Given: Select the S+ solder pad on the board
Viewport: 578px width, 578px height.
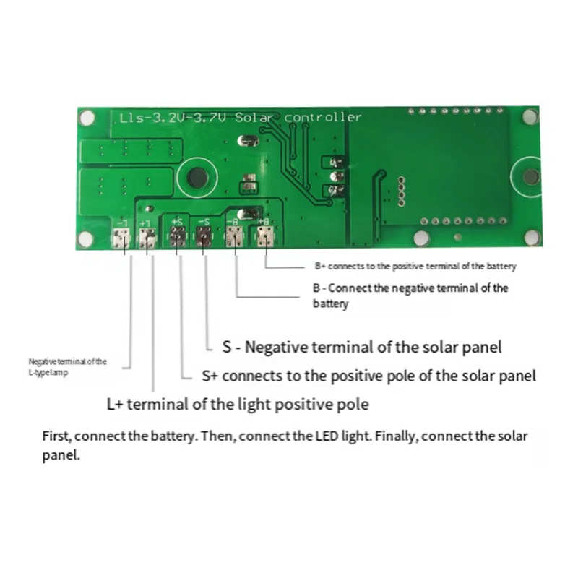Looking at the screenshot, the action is click(178, 236).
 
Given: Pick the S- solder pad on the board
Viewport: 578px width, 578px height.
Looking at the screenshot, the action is click(204, 236).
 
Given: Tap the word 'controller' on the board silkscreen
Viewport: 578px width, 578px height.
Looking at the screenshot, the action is click(322, 117).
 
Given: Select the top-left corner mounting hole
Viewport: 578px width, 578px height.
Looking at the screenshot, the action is click(87, 117).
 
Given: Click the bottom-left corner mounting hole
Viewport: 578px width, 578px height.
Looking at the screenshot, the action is click(86, 239).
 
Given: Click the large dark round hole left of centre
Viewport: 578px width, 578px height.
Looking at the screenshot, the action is click(196, 178).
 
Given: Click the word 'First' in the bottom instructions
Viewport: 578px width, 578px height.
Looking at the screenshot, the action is click(55, 436).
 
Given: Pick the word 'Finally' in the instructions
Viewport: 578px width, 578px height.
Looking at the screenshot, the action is click(397, 436).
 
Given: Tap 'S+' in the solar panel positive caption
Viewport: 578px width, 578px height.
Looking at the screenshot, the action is click(210, 376).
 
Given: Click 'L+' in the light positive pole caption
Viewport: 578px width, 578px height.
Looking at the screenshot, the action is click(115, 405).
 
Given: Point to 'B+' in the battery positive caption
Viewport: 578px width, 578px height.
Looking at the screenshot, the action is click(320, 267).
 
